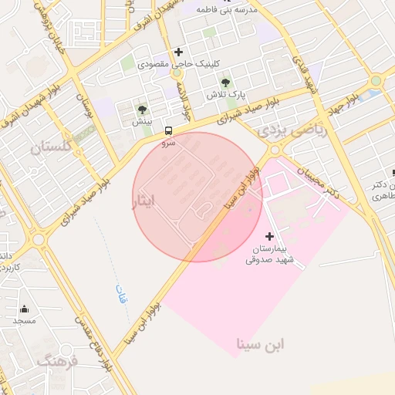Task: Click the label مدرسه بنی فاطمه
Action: click(225, 9)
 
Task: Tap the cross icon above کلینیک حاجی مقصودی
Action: click(179, 52)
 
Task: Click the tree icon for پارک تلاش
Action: click(225, 82)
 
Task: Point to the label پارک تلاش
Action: click(225, 94)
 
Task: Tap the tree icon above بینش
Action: click(141, 110)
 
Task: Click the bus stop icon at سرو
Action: click(169, 130)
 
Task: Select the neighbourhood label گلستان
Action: click(50, 147)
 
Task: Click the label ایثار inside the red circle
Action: click(144, 201)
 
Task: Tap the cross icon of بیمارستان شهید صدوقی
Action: click(269, 235)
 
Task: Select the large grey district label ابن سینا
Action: click(261, 343)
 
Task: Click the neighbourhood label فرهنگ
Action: click(59, 361)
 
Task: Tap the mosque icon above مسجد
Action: click(24, 309)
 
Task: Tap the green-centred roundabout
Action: click(376, 80)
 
